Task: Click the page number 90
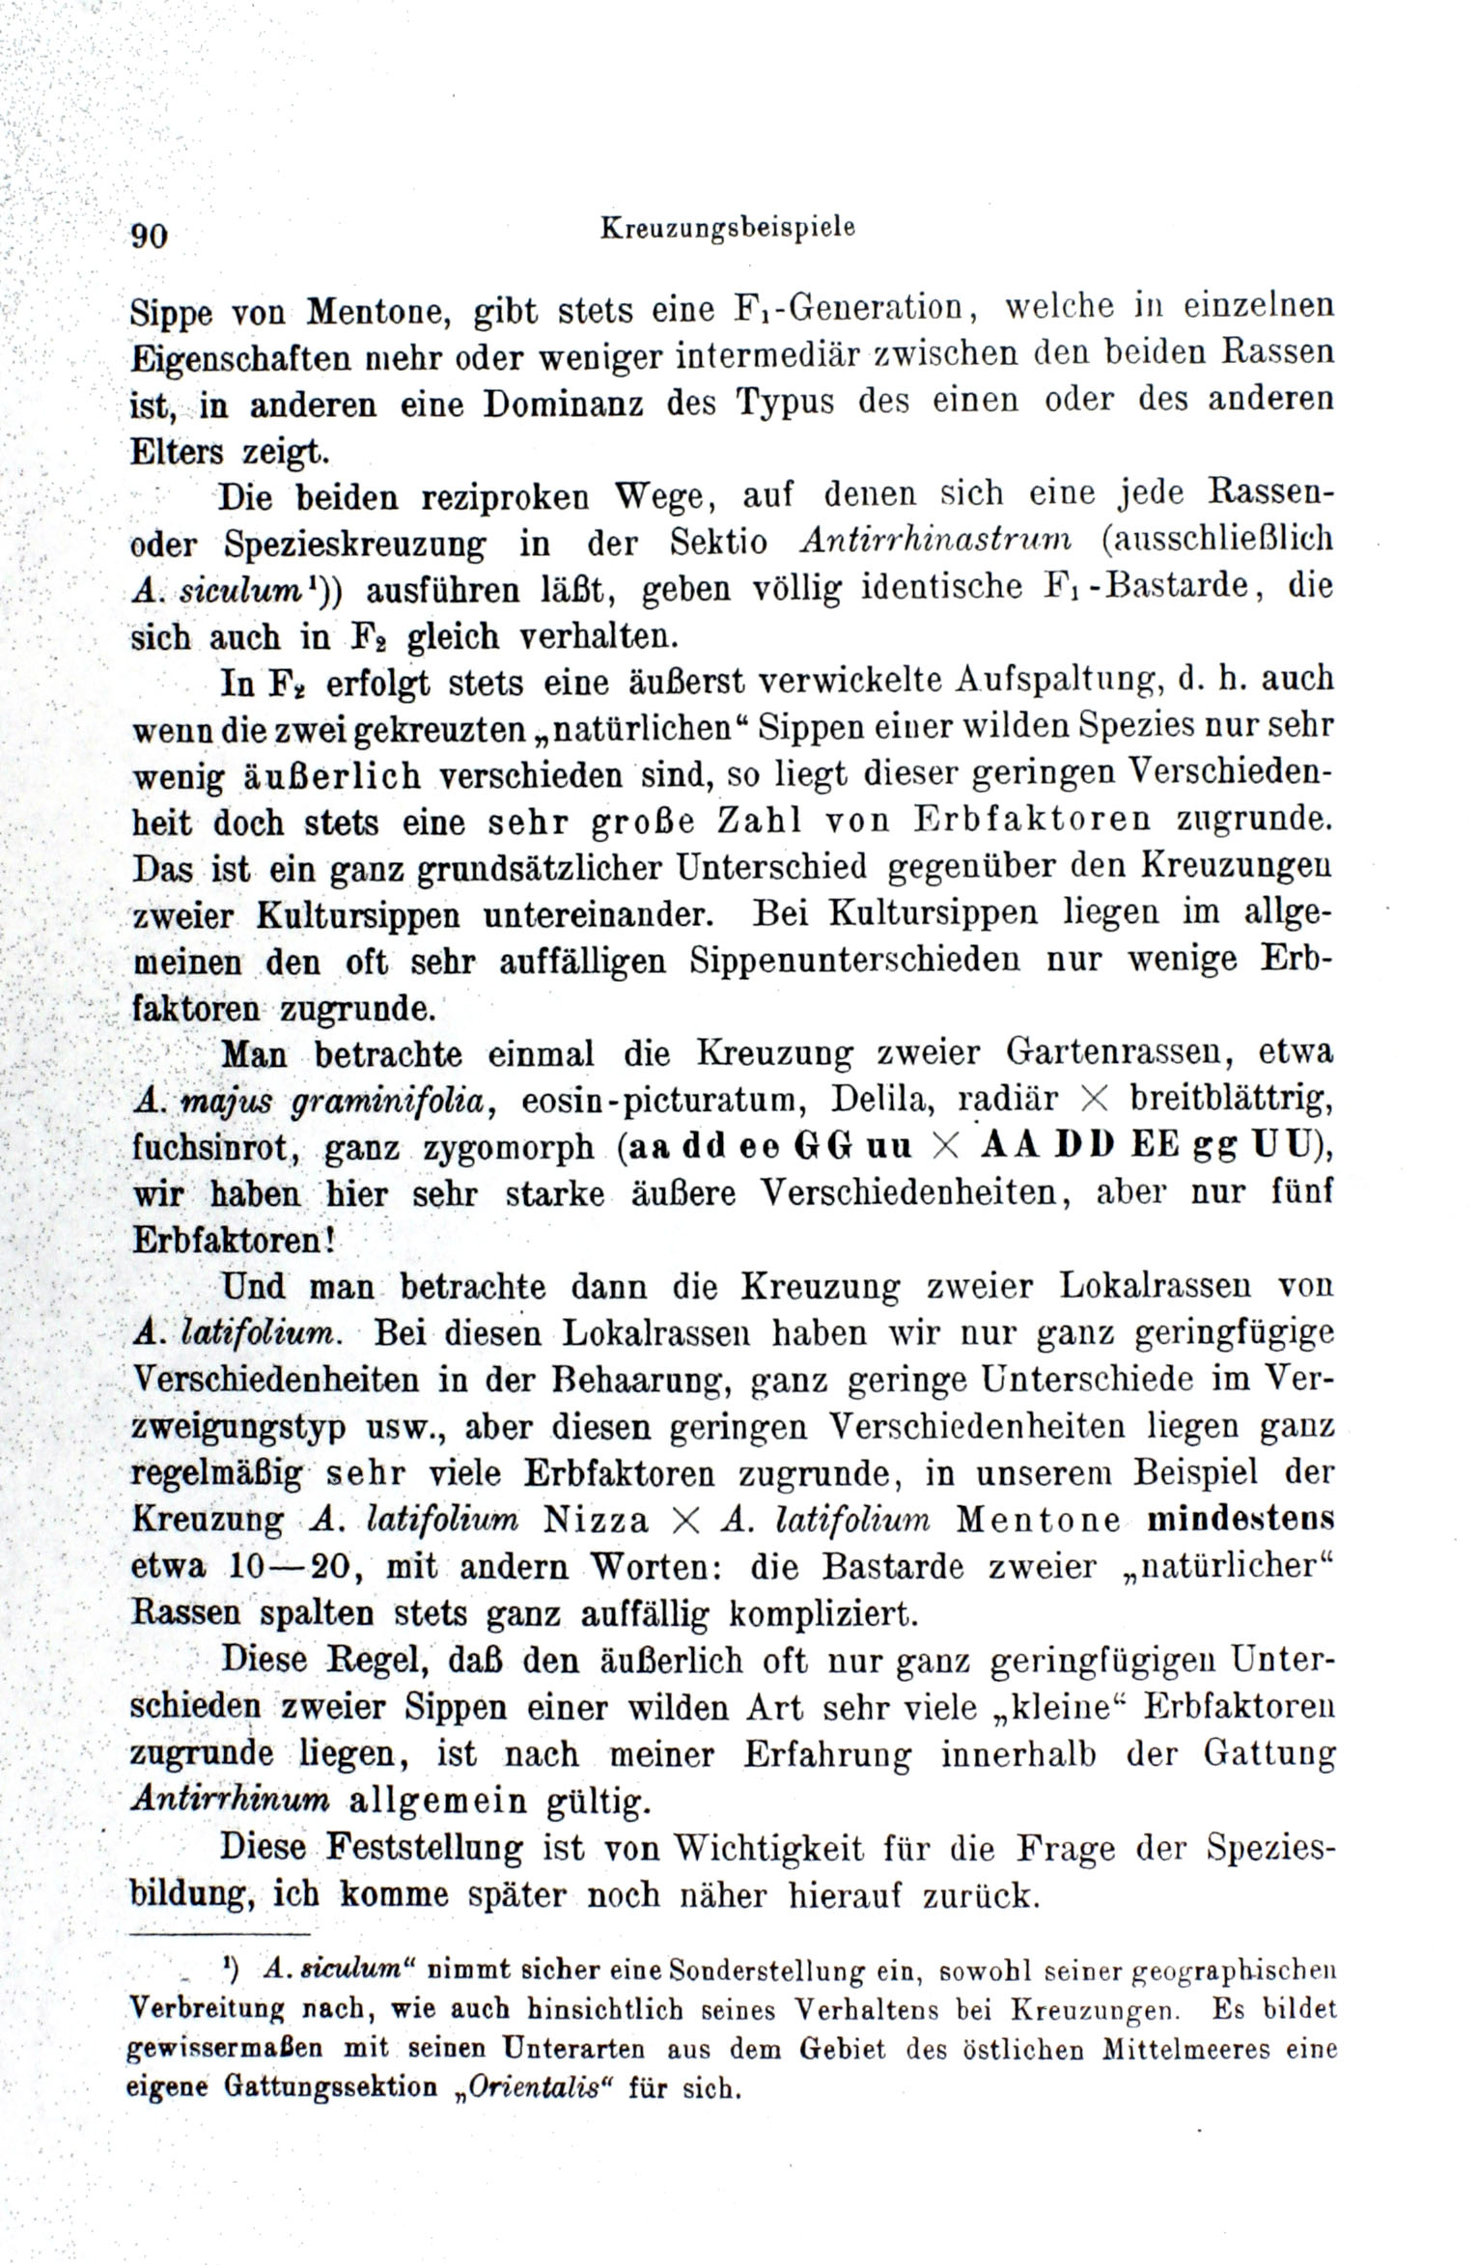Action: [x=150, y=236]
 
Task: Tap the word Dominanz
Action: [x=563, y=403]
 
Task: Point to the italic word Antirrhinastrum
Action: [x=936, y=542]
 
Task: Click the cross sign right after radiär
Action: [x=1091, y=1099]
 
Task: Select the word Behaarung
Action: [x=630, y=1380]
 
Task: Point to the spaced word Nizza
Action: [x=597, y=1520]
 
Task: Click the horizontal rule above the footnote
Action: [x=220, y=1935]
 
